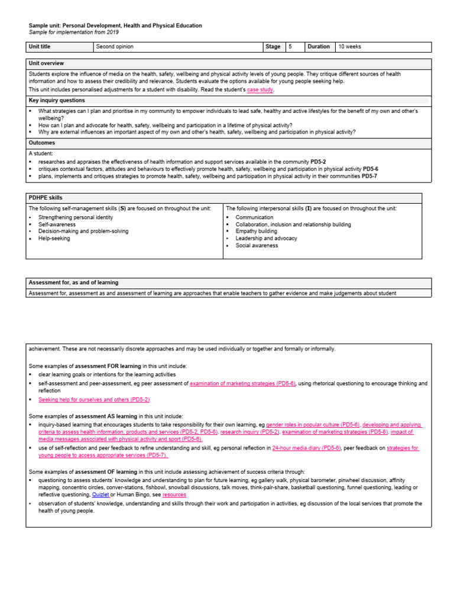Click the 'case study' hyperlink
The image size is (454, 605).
260,90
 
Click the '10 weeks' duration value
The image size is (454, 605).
349,47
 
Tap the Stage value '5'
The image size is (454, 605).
290,47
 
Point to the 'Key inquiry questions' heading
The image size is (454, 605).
57,100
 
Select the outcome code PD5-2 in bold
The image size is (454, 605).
318,161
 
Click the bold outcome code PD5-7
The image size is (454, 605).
369,175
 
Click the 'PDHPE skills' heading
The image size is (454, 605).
46,197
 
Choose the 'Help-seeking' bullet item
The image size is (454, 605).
54,239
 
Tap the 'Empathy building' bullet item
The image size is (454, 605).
256,232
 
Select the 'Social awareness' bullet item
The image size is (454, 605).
257,246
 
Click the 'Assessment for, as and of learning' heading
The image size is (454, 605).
73,283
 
